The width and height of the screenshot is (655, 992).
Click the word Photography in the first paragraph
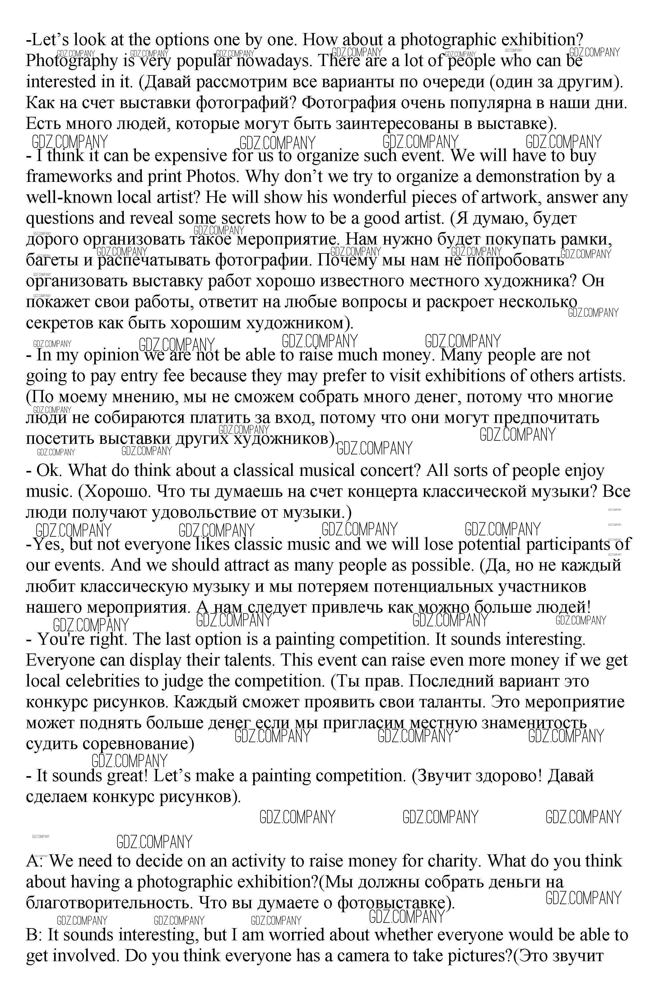pyautogui.click(x=72, y=61)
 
